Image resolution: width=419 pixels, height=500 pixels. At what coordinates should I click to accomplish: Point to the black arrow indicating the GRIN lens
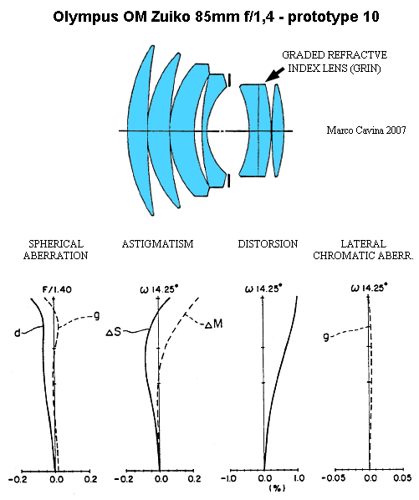[275, 74]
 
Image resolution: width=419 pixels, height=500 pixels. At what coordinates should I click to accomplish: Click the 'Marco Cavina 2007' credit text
[366, 130]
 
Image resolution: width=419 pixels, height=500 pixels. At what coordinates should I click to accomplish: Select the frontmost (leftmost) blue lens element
[139, 130]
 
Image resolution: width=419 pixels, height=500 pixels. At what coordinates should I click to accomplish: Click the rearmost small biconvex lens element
[277, 130]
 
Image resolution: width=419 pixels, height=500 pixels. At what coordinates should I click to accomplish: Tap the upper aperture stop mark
[229, 80]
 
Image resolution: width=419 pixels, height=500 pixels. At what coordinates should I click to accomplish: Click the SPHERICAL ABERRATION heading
[55, 250]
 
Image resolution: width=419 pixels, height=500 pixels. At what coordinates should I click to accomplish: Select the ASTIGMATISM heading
[157, 244]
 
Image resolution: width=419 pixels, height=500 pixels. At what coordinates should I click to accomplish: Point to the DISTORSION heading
[268, 244]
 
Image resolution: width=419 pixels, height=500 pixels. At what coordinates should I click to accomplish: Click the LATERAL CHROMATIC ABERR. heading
[363, 250]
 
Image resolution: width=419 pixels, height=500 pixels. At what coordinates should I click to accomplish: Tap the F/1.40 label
[58, 289]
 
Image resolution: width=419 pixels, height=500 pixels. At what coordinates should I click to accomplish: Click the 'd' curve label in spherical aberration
[18, 334]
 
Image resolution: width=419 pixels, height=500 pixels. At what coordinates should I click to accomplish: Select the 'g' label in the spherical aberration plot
[97, 316]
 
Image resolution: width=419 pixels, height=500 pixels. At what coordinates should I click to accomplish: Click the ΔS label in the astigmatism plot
[114, 332]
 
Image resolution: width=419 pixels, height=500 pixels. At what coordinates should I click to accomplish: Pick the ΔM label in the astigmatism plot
[213, 324]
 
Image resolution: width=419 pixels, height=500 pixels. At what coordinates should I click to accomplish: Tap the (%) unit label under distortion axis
[278, 488]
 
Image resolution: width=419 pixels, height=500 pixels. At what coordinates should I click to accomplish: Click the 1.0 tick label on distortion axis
[299, 478]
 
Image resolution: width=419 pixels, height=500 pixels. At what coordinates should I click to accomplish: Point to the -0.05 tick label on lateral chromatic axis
[334, 478]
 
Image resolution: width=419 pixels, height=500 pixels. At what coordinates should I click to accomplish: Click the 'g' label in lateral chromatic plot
[325, 337]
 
